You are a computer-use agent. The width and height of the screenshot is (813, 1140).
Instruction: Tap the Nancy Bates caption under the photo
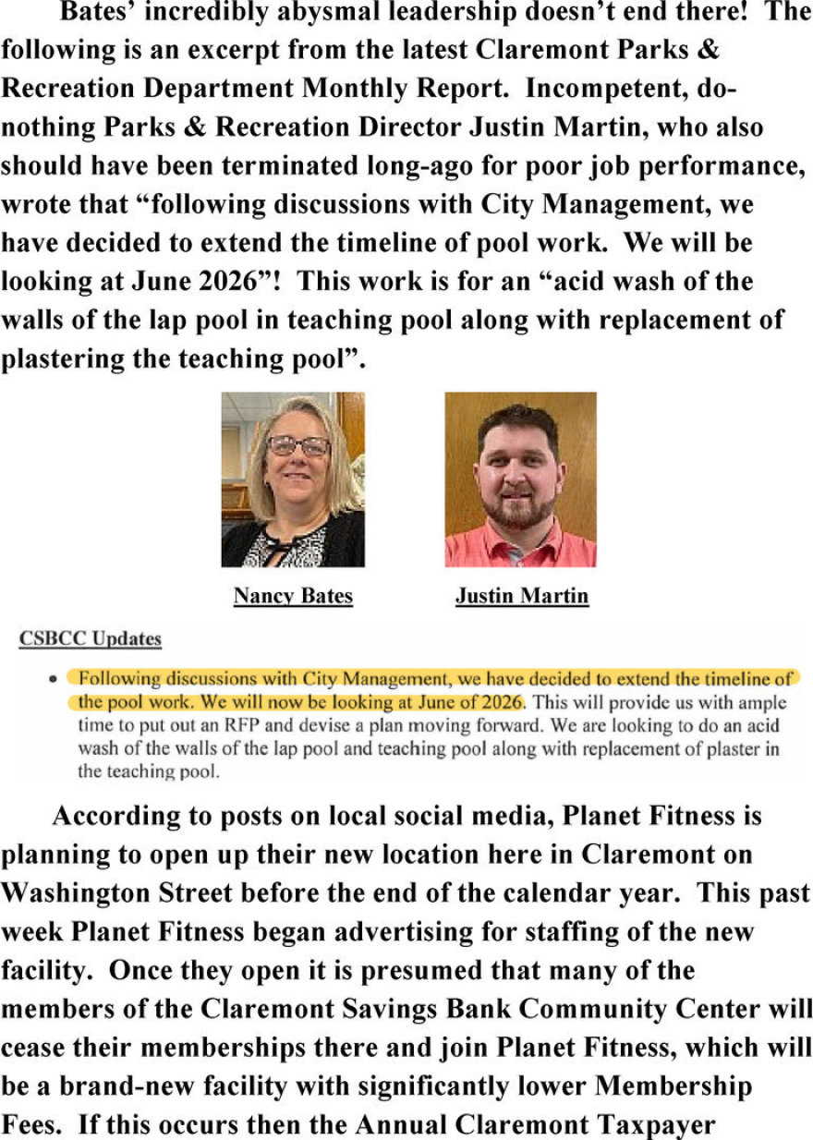click(293, 596)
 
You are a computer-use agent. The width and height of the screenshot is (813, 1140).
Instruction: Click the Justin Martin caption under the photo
click(521, 596)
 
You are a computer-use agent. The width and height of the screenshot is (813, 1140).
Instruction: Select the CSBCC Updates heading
click(90, 638)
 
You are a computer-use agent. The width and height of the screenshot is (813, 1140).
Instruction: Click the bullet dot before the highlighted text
click(56, 679)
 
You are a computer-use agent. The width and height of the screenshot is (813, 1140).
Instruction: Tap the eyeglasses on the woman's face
click(297, 446)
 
